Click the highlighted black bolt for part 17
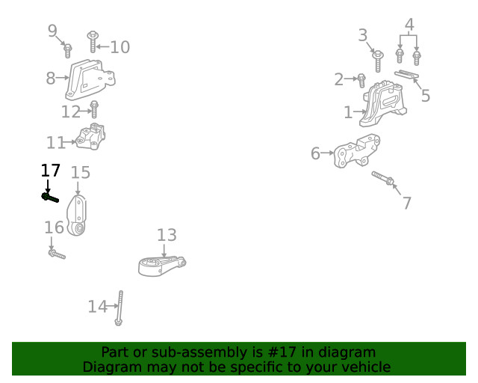[x=50, y=197]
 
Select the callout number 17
[x=50, y=171]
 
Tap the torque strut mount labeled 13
[x=161, y=264]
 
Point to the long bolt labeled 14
[x=119, y=307]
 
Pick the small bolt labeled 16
[x=57, y=255]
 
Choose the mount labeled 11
[x=92, y=137]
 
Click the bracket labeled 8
[x=90, y=80]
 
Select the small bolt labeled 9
[x=68, y=50]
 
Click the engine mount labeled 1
[x=384, y=105]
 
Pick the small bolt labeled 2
[x=361, y=79]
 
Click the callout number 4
[x=409, y=25]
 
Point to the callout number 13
[x=167, y=236]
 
